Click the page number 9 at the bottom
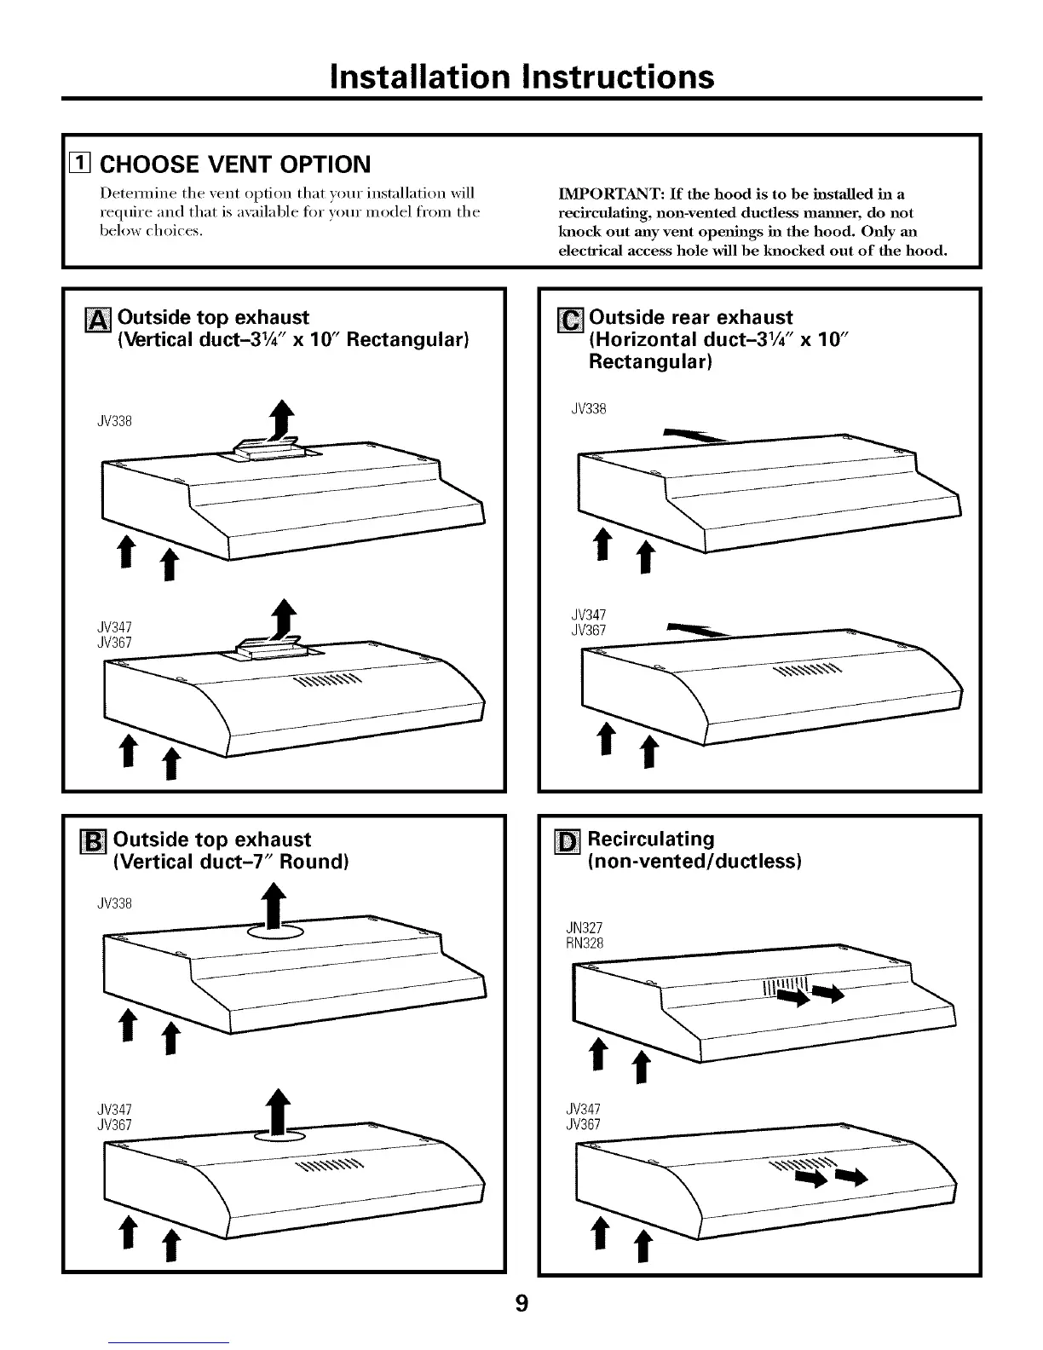pos(521,1303)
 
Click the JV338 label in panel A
pos(115,421)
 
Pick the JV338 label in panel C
pos(588,409)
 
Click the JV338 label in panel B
pos(115,903)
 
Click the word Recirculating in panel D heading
pos(651,839)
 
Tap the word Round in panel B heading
pos(313,862)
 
